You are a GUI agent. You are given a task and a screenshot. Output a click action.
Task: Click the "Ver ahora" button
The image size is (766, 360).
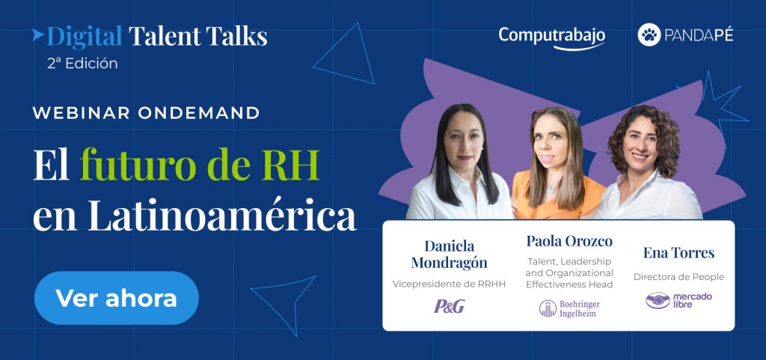[x=116, y=298]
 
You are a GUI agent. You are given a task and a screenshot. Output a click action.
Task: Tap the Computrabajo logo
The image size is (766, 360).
[x=552, y=37]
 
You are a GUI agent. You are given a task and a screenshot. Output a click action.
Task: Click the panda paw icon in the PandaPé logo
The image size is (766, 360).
[x=649, y=34]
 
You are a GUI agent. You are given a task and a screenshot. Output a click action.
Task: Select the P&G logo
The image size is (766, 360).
[x=450, y=306]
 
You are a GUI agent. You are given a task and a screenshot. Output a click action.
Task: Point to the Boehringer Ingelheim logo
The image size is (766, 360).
[x=569, y=308]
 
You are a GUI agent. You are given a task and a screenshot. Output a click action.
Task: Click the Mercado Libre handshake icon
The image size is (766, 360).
[x=658, y=300]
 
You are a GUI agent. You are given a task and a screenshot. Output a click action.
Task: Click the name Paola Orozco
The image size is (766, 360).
[x=569, y=241]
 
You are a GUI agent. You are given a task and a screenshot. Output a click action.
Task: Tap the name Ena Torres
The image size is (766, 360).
[x=678, y=253]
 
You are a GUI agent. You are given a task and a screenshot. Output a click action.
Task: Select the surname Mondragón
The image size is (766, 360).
[x=449, y=263]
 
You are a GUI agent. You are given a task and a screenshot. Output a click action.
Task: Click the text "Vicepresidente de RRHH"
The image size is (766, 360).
[x=449, y=284]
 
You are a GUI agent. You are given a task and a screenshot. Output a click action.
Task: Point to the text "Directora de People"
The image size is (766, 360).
[x=678, y=277]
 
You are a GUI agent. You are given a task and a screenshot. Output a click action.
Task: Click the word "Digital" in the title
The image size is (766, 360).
[x=85, y=36]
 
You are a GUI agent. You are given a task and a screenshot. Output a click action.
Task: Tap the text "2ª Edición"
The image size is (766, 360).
[x=82, y=64]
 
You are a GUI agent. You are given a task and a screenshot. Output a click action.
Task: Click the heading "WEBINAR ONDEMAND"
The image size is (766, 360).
[x=146, y=113]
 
